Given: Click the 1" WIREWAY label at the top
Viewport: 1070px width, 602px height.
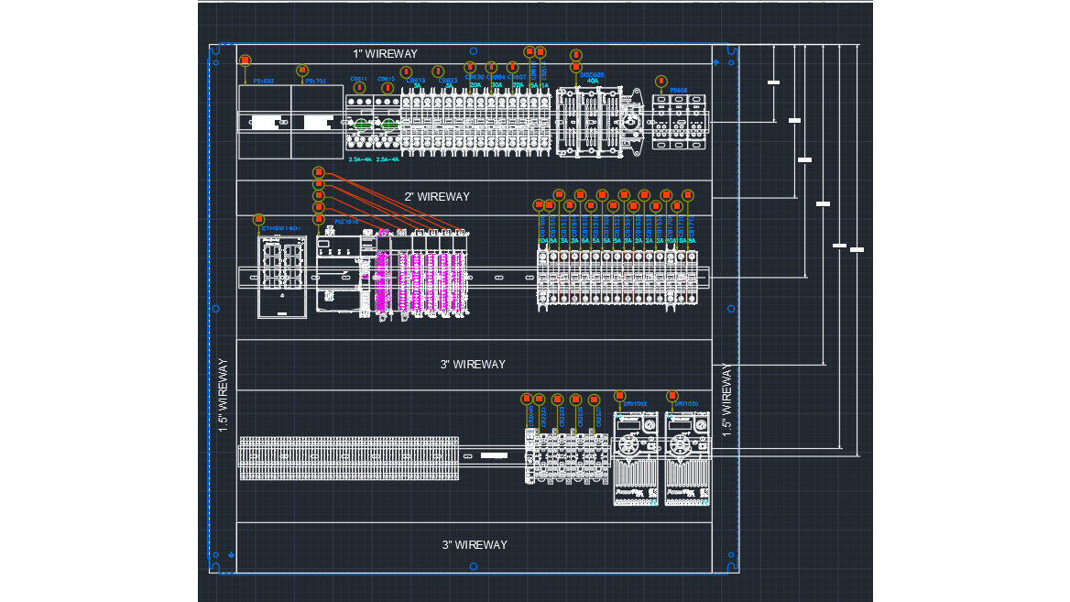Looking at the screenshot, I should point(385,54).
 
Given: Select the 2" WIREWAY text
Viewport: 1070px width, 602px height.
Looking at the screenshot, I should point(437,197).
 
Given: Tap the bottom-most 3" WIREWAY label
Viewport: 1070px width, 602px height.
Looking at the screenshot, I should point(475,545).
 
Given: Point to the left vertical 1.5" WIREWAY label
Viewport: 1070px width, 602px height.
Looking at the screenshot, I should point(223,395).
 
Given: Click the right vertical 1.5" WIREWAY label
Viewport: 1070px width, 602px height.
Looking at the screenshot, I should point(726,400).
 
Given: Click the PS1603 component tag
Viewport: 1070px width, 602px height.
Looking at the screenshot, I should point(264,82).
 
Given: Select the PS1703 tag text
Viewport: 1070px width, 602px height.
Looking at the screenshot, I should point(316,82).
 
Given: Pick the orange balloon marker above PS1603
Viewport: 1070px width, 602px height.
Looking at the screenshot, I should point(246,60).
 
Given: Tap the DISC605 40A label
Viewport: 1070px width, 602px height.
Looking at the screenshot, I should point(592,78).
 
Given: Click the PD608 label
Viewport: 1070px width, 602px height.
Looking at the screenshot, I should point(679,91).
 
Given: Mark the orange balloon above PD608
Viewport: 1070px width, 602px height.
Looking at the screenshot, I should point(661,82).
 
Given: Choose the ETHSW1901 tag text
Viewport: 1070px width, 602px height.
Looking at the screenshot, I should point(281,228).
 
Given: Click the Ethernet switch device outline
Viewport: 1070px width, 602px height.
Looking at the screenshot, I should point(282,277).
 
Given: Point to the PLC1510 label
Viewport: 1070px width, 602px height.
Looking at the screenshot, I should point(346,222).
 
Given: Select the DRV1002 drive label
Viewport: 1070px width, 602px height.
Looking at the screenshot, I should point(635,404).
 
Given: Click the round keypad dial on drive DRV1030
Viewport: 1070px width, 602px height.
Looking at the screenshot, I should point(679,445).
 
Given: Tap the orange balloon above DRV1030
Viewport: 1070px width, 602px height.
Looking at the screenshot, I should point(672,396).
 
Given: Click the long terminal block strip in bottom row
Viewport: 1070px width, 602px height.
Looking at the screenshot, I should point(349,458).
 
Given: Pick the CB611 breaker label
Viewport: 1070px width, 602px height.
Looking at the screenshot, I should point(358,79).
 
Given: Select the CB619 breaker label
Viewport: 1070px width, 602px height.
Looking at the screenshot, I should point(415,80).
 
